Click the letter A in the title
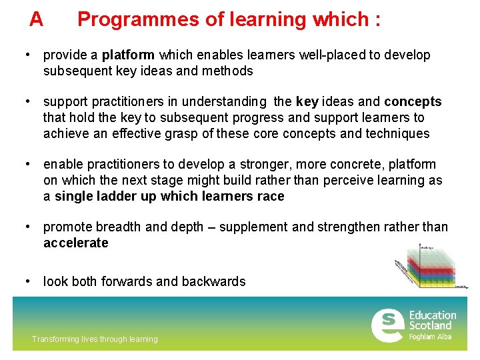pyautogui.click(x=36, y=19)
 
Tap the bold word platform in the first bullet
pyautogui.click(x=128, y=55)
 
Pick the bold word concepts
pyautogui.click(x=413, y=102)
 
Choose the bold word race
pyautogui.click(x=270, y=197)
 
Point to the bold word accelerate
pyautogui.click(x=75, y=243)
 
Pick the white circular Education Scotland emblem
pyautogui.click(x=387, y=325)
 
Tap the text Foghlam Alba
pyautogui.click(x=430, y=337)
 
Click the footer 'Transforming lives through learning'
pyautogui.click(x=95, y=339)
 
